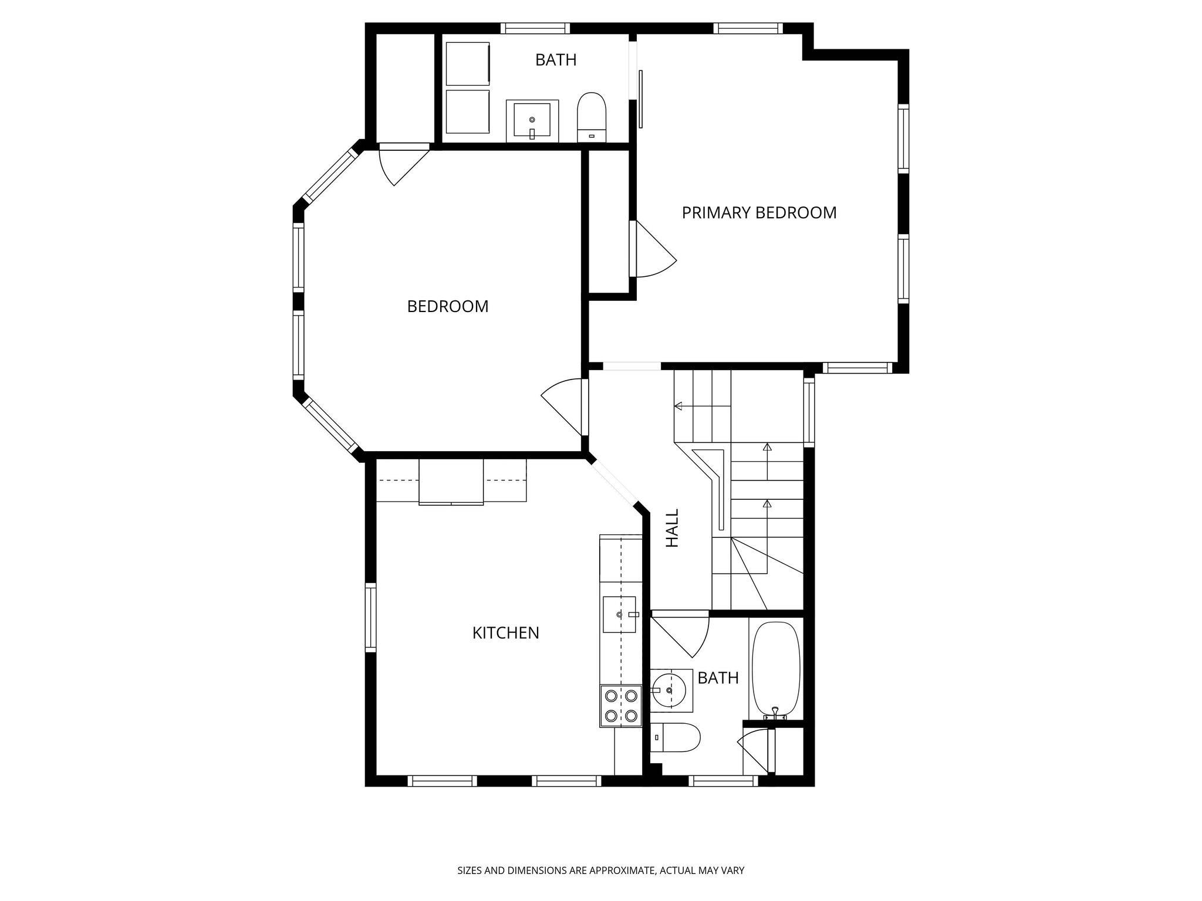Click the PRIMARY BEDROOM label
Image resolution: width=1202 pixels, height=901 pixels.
click(x=759, y=212)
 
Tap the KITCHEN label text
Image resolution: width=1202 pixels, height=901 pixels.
click(x=505, y=633)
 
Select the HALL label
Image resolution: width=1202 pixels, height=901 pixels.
click(x=672, y=528)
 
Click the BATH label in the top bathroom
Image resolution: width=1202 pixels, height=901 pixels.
click(x=555, y=60)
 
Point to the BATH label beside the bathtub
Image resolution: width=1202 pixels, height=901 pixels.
click(x=717, y=678)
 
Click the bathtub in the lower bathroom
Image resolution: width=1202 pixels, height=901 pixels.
click(x=776, y=669)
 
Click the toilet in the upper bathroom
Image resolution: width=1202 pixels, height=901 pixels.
click(x=591, y=116)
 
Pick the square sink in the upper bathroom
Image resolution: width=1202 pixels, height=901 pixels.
click(x=532, y=120)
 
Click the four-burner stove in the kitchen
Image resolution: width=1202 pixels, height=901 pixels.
click(x=621, y=706)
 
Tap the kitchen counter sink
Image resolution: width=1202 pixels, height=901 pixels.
click(x=619, y=614)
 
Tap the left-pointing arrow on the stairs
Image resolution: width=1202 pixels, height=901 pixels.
click(x=678, y=405)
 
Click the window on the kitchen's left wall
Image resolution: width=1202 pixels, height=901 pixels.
click(x=370, y=617)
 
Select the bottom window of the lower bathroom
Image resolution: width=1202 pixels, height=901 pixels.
click(x=722, y=781)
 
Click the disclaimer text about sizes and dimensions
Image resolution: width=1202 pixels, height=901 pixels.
click(x=600, y=870)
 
